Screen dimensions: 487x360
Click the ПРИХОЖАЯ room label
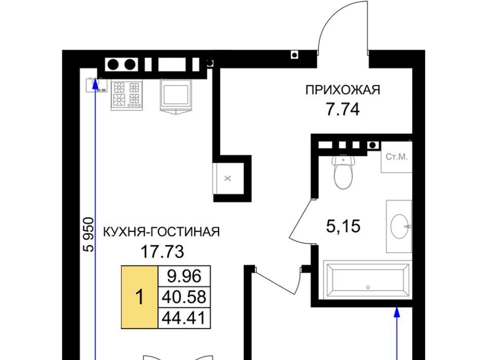[x=342, y=90]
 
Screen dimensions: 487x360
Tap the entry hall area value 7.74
[x=342, y=109]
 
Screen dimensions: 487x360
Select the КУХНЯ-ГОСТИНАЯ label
[x=161, y=232]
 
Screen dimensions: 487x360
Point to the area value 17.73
[x=162, y=251]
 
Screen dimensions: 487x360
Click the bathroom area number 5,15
[x=343, y=226]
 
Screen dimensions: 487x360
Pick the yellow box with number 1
[x=140, y=297]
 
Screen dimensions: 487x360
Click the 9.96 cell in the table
[x=184, y=276]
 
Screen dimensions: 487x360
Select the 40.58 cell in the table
[x=184, y=297]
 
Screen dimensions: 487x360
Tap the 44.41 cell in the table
[x=184, y=318]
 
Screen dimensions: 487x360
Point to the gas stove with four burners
[x=127, y=95]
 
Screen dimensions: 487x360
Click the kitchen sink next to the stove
[x=176, y=96]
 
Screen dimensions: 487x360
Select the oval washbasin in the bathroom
[x=400, y=227]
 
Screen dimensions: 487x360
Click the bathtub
[x=368, y=280]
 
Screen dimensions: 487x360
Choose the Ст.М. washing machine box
[x=397, y=157]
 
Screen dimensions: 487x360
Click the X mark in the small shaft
[x=228, y=178]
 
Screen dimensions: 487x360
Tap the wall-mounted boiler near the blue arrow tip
[x=96, y=85]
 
